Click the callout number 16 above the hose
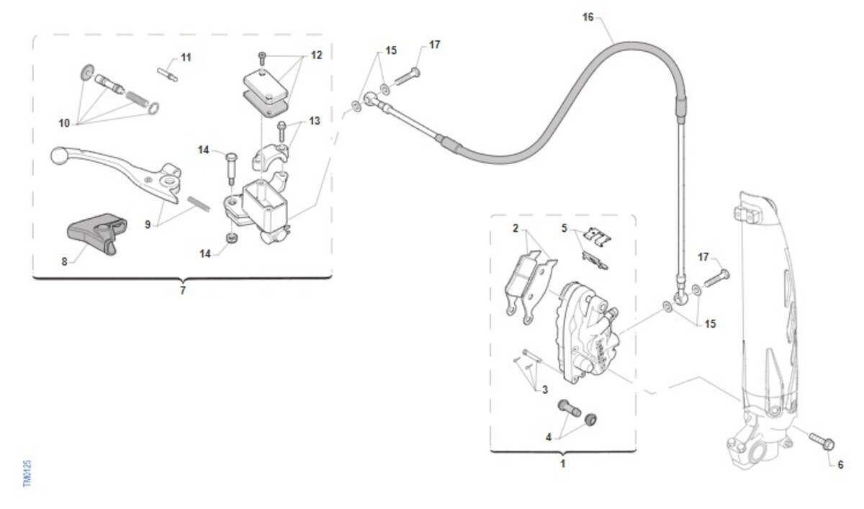[x=588, y=17]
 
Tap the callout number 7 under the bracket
[x=182, y=290]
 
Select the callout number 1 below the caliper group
[x=563, y=464]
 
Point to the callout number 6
[x=840, y=464]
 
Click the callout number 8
[x=64, y=262]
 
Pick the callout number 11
[x=186, y=57]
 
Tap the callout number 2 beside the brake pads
[x=516, y=228]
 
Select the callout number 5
[x=565, y=228]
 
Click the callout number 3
[x=545, y=389]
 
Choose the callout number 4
[x=549, y=437]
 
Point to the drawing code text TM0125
[x=27, y=474]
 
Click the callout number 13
[x=315, y=121]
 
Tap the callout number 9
[x=148, y=225]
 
